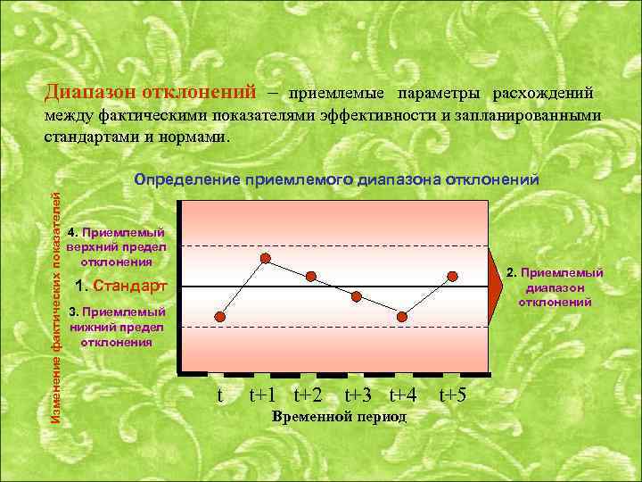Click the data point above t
tap(221, 317)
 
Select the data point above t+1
tap(266, 258)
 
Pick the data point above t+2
tap(311, 275)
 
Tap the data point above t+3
tap(356, 296)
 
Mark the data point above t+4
tap(402, 316)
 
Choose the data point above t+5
tap(453, 275)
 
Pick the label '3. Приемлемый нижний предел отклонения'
tap(117, 327)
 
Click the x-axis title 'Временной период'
tap(338, 417)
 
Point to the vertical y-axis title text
tap(54, 295)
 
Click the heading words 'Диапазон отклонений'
tap(150, 93)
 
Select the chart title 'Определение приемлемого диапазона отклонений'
tap(336, 179)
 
